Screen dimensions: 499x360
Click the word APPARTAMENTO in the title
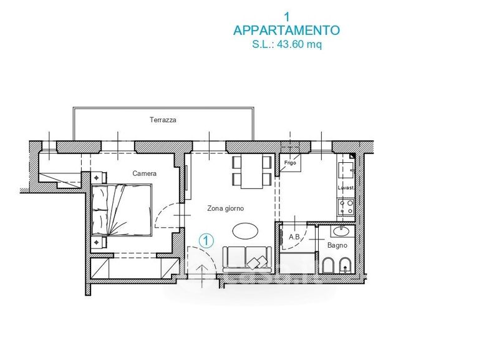(286, 31)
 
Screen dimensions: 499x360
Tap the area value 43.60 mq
(299, 44)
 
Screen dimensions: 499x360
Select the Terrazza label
(163, 120)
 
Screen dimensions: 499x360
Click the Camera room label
(145, 173)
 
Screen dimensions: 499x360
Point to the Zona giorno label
(225, 208)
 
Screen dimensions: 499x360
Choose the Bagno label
(337, 245)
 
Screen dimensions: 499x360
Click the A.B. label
(295, 237)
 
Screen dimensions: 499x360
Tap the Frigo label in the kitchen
(290, 163)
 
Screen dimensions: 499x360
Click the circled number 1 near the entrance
(206, 241)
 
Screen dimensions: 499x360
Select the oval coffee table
(245, 230)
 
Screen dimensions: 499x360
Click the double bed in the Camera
(121, 210)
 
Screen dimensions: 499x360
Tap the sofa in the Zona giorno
(247, 260)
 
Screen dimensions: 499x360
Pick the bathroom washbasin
(342, 231)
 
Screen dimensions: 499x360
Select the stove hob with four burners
(346, 207)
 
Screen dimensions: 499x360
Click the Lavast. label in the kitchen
(346, 188)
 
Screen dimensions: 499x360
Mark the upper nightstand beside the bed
(99, 177)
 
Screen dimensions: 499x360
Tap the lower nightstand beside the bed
(99, 243)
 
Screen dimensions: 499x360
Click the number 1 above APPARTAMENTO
(287, 17)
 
